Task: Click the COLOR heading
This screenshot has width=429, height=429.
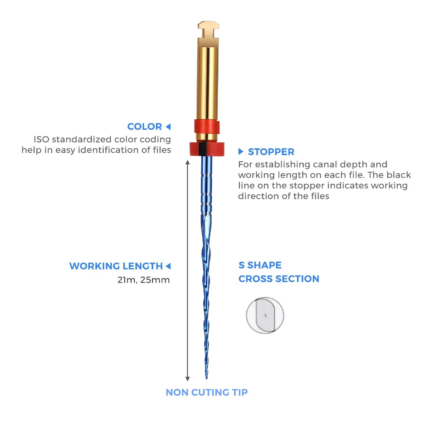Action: (144, 127)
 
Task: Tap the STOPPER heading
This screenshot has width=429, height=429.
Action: (271, 152)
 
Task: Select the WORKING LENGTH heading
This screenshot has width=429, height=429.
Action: (116, 266)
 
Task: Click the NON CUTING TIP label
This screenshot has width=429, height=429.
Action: (207, 392)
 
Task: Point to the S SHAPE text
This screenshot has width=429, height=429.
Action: (260, 265)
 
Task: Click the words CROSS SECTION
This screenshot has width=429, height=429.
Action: (279, 279)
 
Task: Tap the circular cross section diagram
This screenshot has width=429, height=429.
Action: (265, 315)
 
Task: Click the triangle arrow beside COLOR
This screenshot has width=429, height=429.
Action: (168, 127)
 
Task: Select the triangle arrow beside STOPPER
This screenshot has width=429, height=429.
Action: (241, 152)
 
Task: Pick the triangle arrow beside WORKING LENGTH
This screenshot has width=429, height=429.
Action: (168, 266)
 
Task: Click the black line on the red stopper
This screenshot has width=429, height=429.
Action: (203, 149)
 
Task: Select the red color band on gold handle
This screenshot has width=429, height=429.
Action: (207, 127)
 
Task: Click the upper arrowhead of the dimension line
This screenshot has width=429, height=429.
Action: (188, 162)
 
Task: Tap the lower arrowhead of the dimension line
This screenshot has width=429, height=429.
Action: (188, 379)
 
